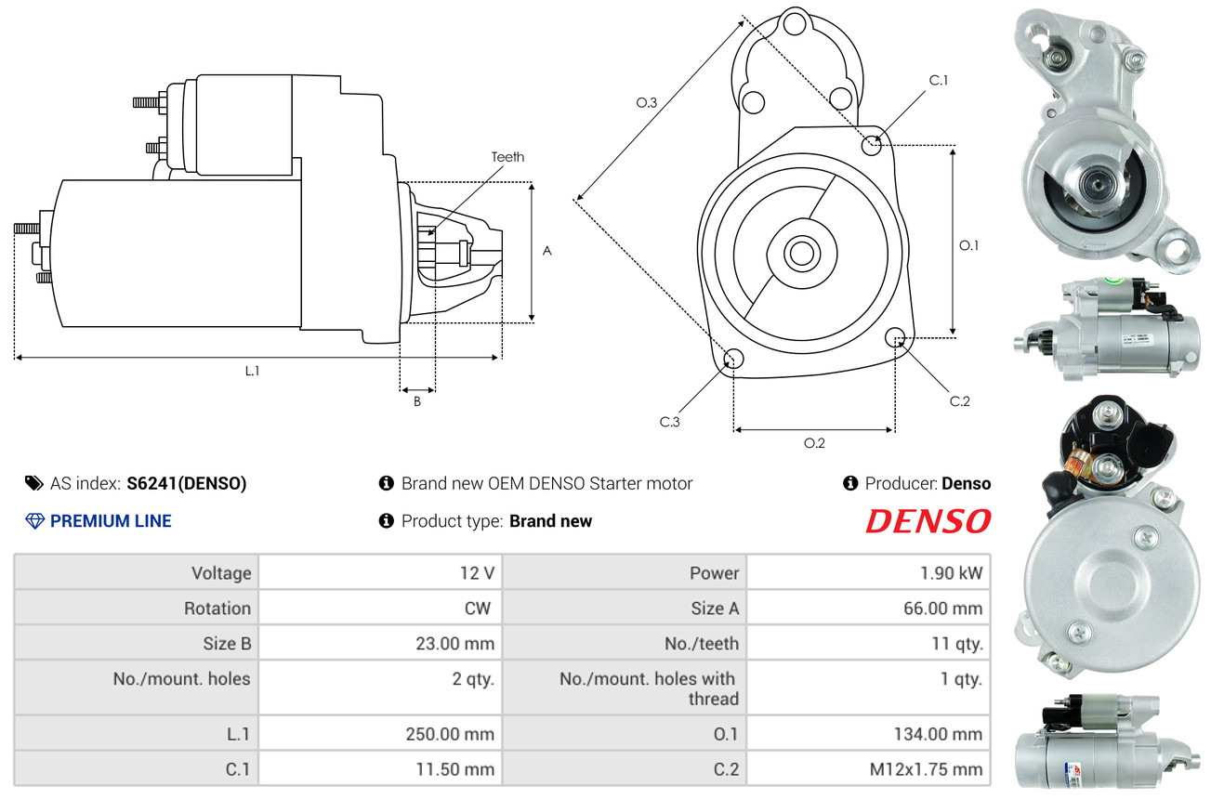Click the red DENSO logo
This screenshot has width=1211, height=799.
tap(928, 521)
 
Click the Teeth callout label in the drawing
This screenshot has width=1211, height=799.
tap(507, 157)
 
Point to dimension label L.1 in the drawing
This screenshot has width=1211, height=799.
tap(252, 371)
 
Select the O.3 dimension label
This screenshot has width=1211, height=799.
tap(647, 103)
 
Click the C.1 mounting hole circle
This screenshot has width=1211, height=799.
tap(872, 145)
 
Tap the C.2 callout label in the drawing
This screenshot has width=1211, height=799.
tap(959, 401)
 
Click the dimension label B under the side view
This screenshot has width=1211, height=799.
tap(417, 402)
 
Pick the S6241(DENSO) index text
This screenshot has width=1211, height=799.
tap(187, 483)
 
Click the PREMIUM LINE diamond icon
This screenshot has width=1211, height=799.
tap(34, 521)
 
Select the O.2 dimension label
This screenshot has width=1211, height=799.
tap(814, 443)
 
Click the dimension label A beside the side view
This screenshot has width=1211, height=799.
tap(547, 251)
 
